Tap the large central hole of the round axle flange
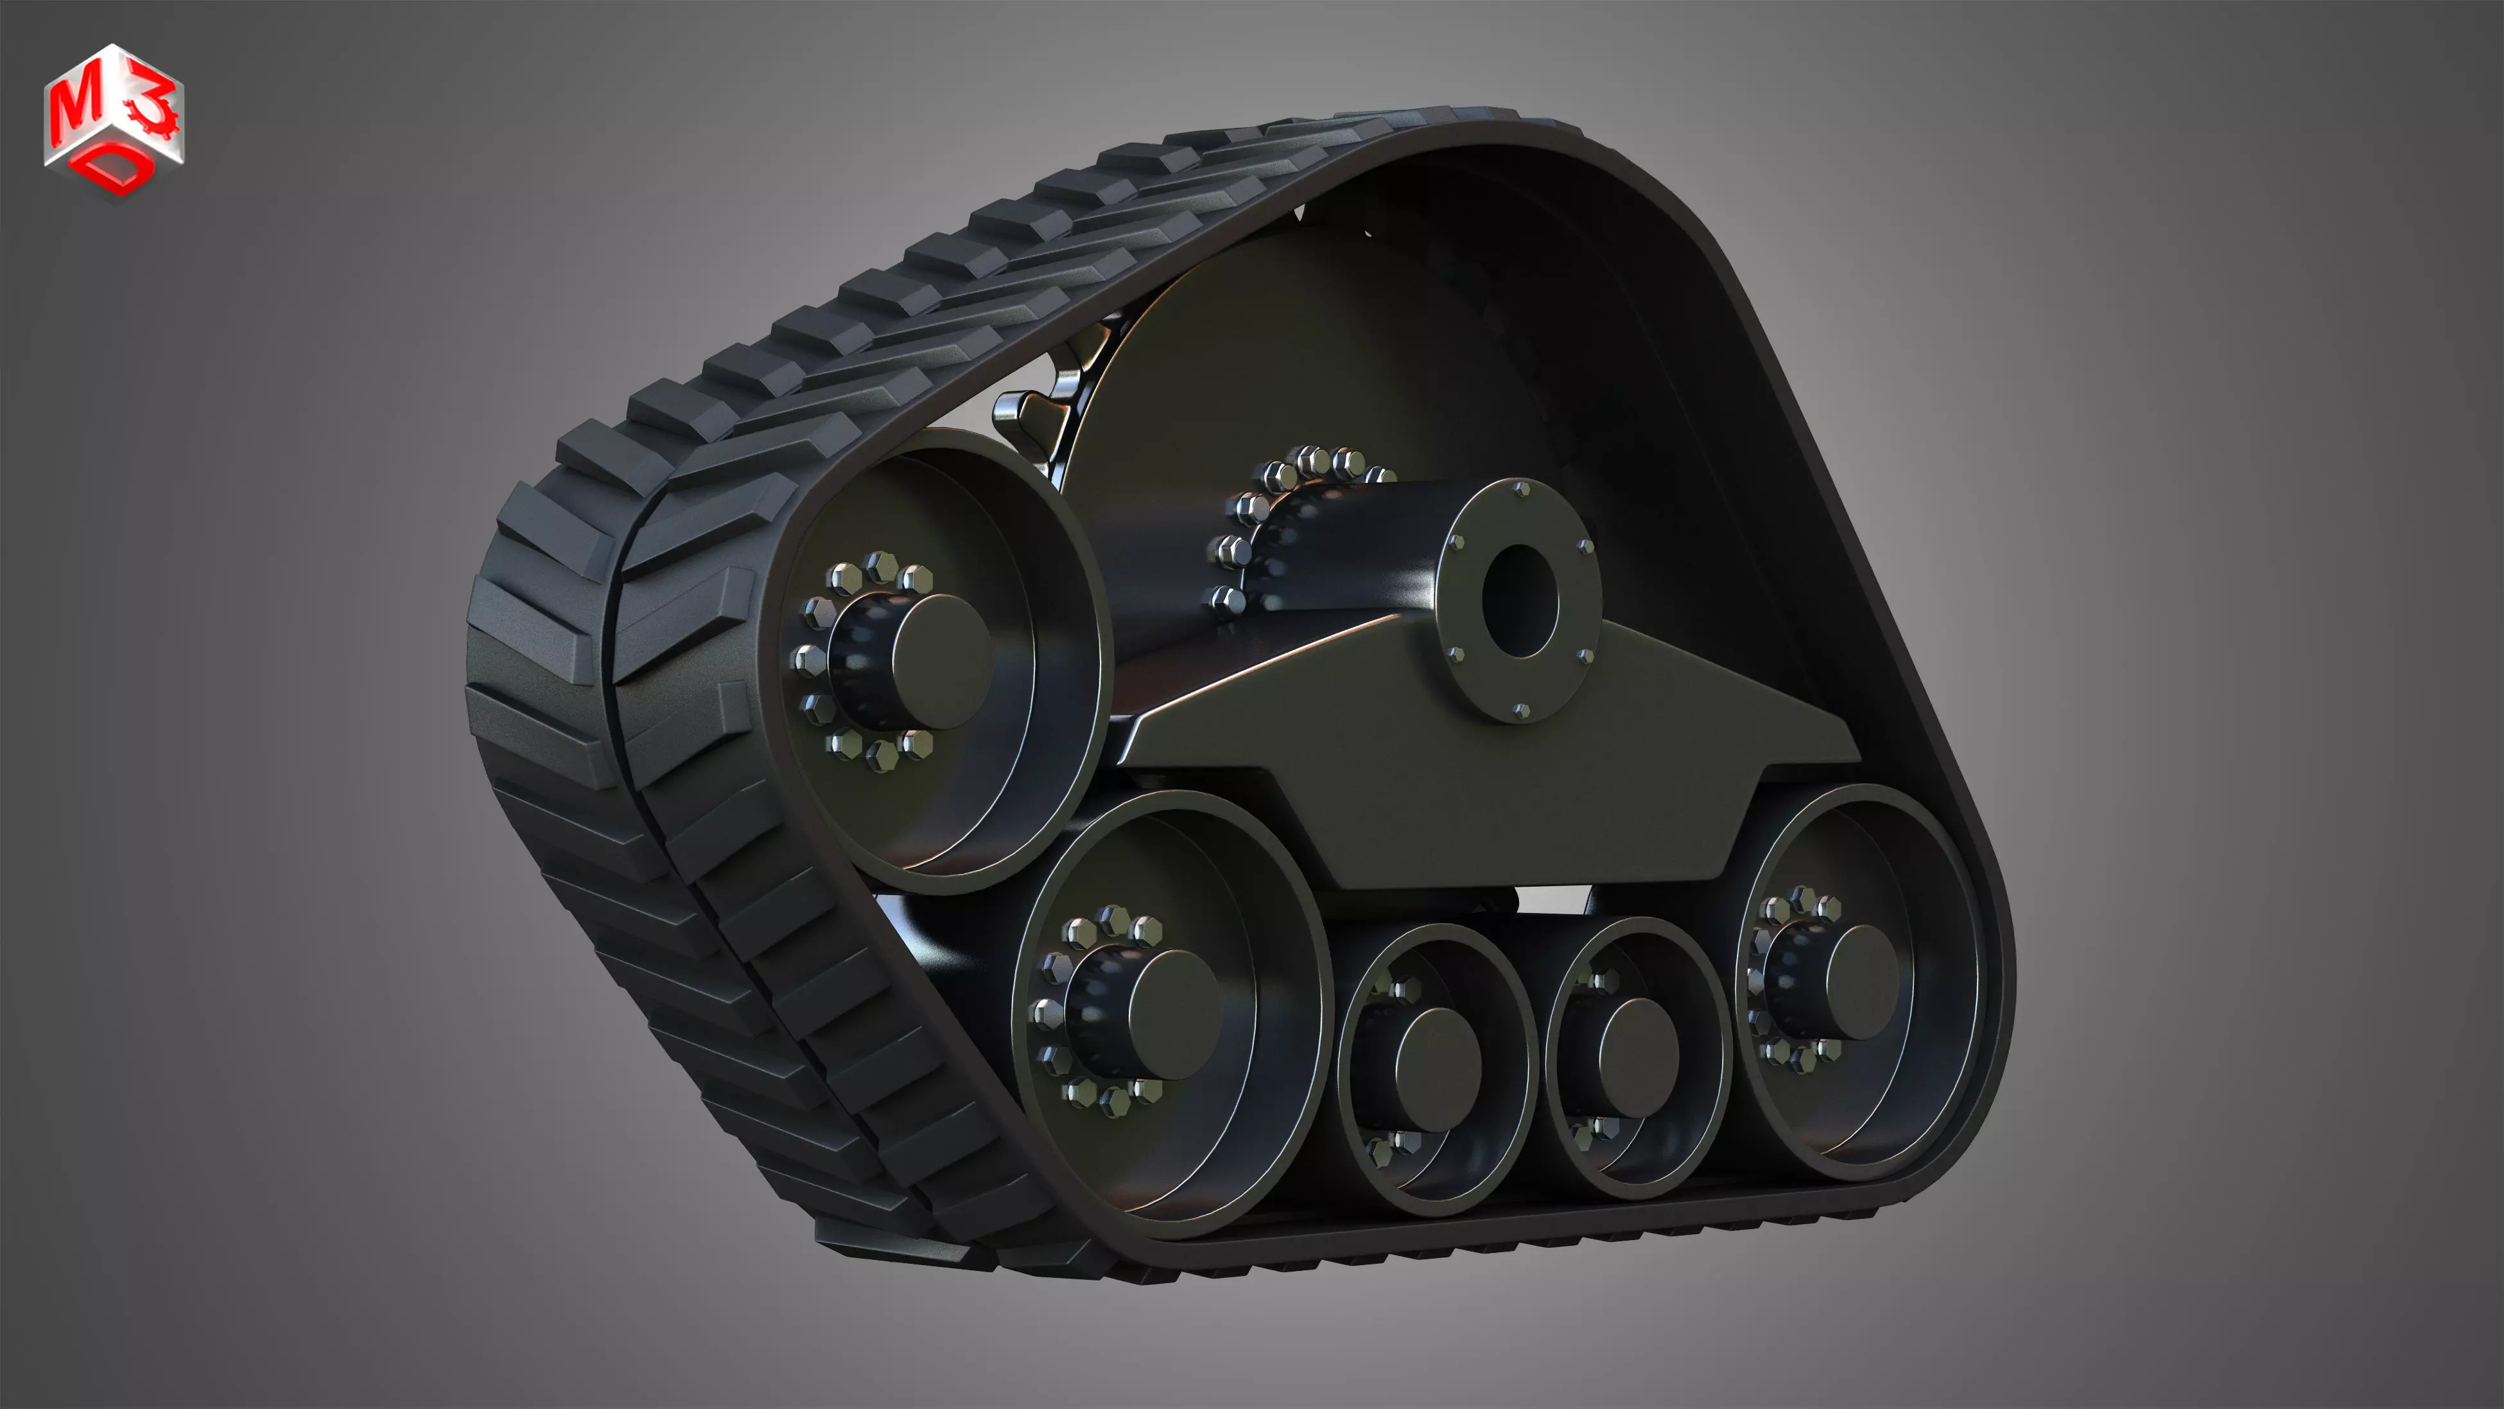[x=1519, y=601]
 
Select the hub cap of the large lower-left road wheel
[x=1171, y=1015]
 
